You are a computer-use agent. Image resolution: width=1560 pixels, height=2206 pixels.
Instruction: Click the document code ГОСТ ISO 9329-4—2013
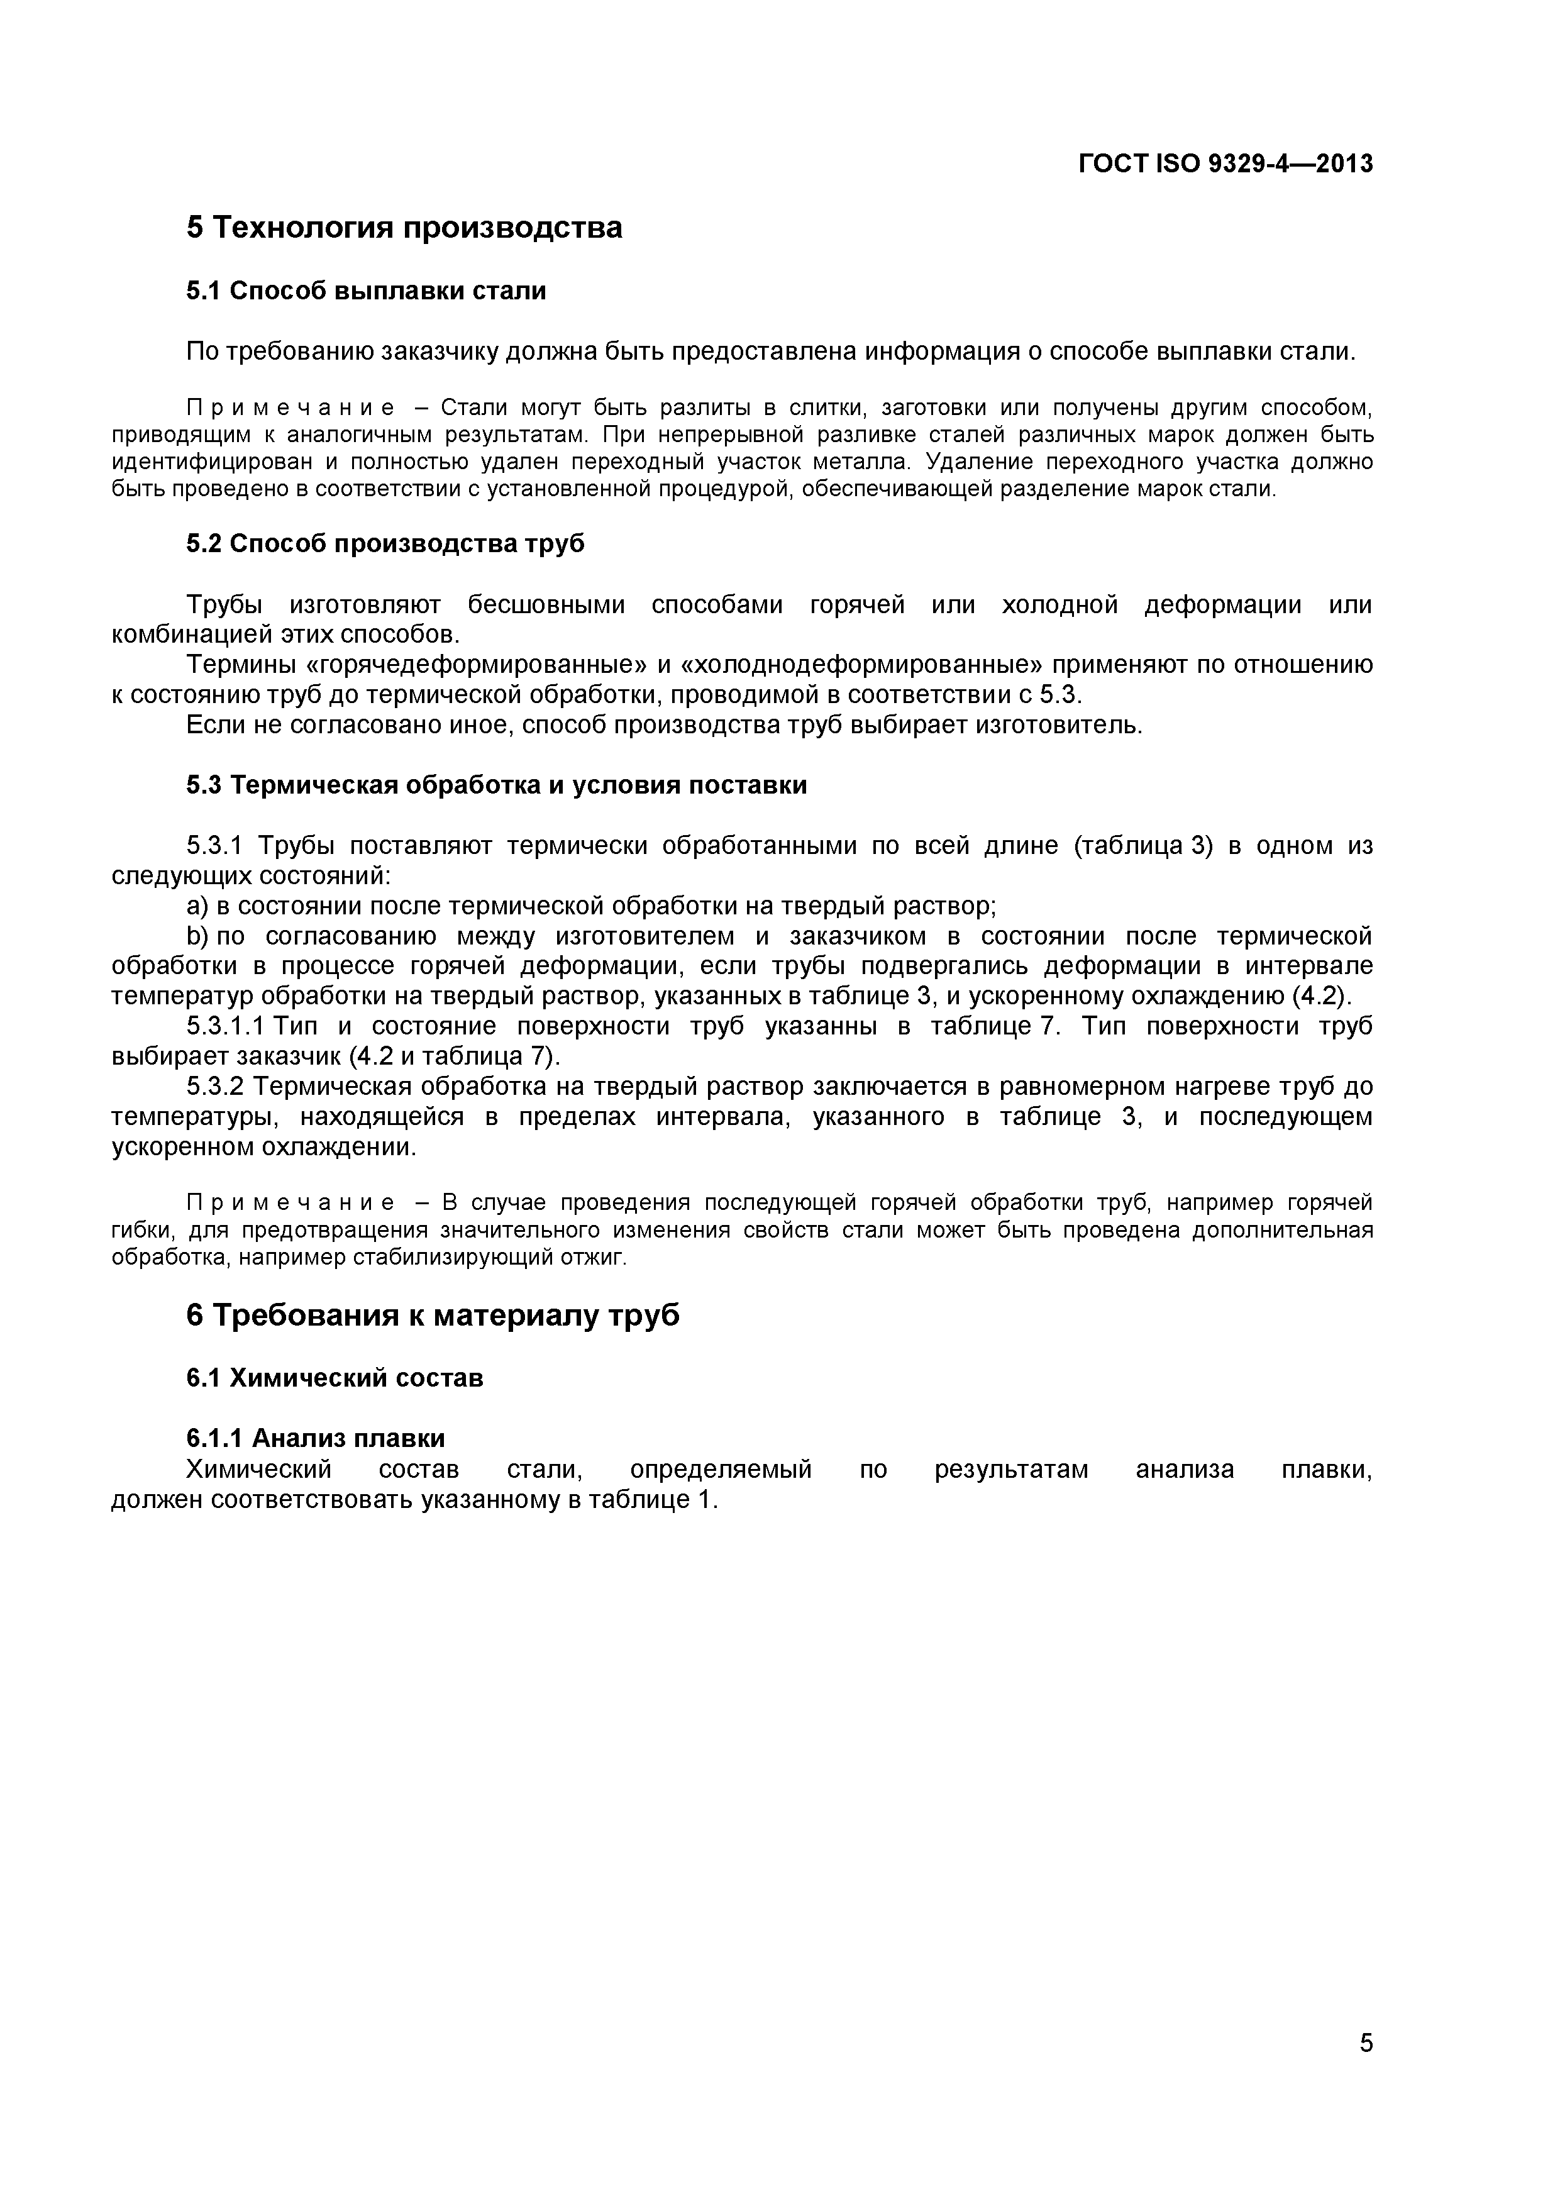coord(1225,164)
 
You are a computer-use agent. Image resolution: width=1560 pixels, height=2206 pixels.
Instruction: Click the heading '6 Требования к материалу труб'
coord(432,1314)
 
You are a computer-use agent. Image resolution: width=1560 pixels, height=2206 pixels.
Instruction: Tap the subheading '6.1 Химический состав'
coord(335,1378)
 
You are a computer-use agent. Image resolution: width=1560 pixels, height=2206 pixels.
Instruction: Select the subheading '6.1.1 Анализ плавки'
coord(315,1438)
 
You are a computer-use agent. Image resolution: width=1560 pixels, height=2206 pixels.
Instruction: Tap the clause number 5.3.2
coord(216,1087)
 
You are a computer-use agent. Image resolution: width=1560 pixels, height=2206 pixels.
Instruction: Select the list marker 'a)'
coord(197,906)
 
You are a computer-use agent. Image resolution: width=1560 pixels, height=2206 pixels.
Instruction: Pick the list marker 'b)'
coord(197,936)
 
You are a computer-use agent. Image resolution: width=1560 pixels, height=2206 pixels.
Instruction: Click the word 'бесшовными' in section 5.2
coord(546,606)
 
